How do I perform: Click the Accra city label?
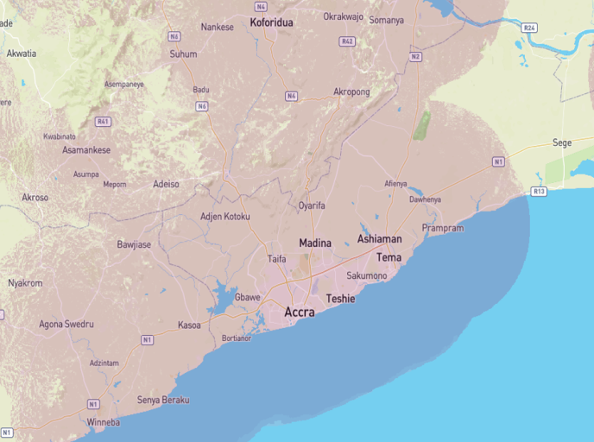pos(300,313)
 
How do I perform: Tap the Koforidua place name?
pos(271,22)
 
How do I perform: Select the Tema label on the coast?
pos(389,257)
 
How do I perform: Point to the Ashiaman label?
pos(379,238)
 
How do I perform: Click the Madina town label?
pos(315,243)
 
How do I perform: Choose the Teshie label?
pos(340,299)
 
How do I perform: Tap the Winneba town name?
pos(104,422)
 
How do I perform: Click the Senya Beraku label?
pos(163,400)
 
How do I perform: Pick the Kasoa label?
pos(189,325)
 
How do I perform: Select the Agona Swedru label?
pos(67,325)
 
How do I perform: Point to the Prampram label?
pos(443,228)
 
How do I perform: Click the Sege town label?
pos(562,142)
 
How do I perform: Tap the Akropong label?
pos(351,92)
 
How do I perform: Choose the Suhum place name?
pos(183,54)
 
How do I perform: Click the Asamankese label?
pos(86,149)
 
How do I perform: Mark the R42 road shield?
pos(348,41)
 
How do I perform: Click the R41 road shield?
pos(103,122)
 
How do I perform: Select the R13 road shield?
pos(540,191)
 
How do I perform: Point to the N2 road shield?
pos(415,57)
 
